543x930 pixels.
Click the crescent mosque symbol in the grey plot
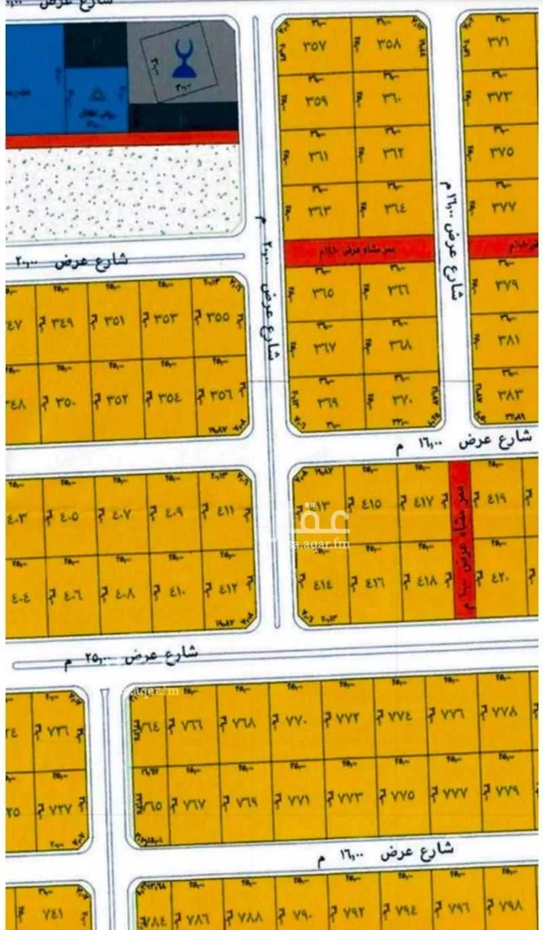(184, 62)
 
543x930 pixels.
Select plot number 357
(314, 47)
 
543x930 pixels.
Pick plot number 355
(217, 317)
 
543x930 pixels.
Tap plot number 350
(64, 400)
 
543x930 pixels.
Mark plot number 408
(121, 592)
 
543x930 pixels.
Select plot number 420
(499, 579)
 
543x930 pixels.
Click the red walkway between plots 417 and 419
(462, 539)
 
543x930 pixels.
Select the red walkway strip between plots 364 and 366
(359, 251)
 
